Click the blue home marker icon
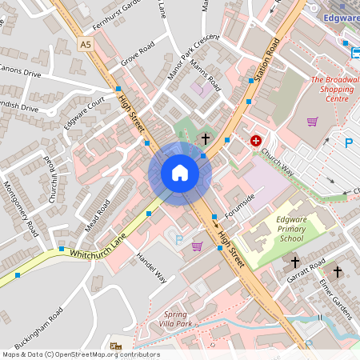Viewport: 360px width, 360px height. click(180, 173)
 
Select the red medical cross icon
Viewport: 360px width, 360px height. click(256, 141)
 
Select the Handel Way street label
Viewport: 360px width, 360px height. click(150, 267)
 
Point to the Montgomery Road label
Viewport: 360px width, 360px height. click(22, 206)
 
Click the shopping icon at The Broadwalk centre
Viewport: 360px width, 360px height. click(312, 122)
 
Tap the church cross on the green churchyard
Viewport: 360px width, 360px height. click(205, 139)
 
